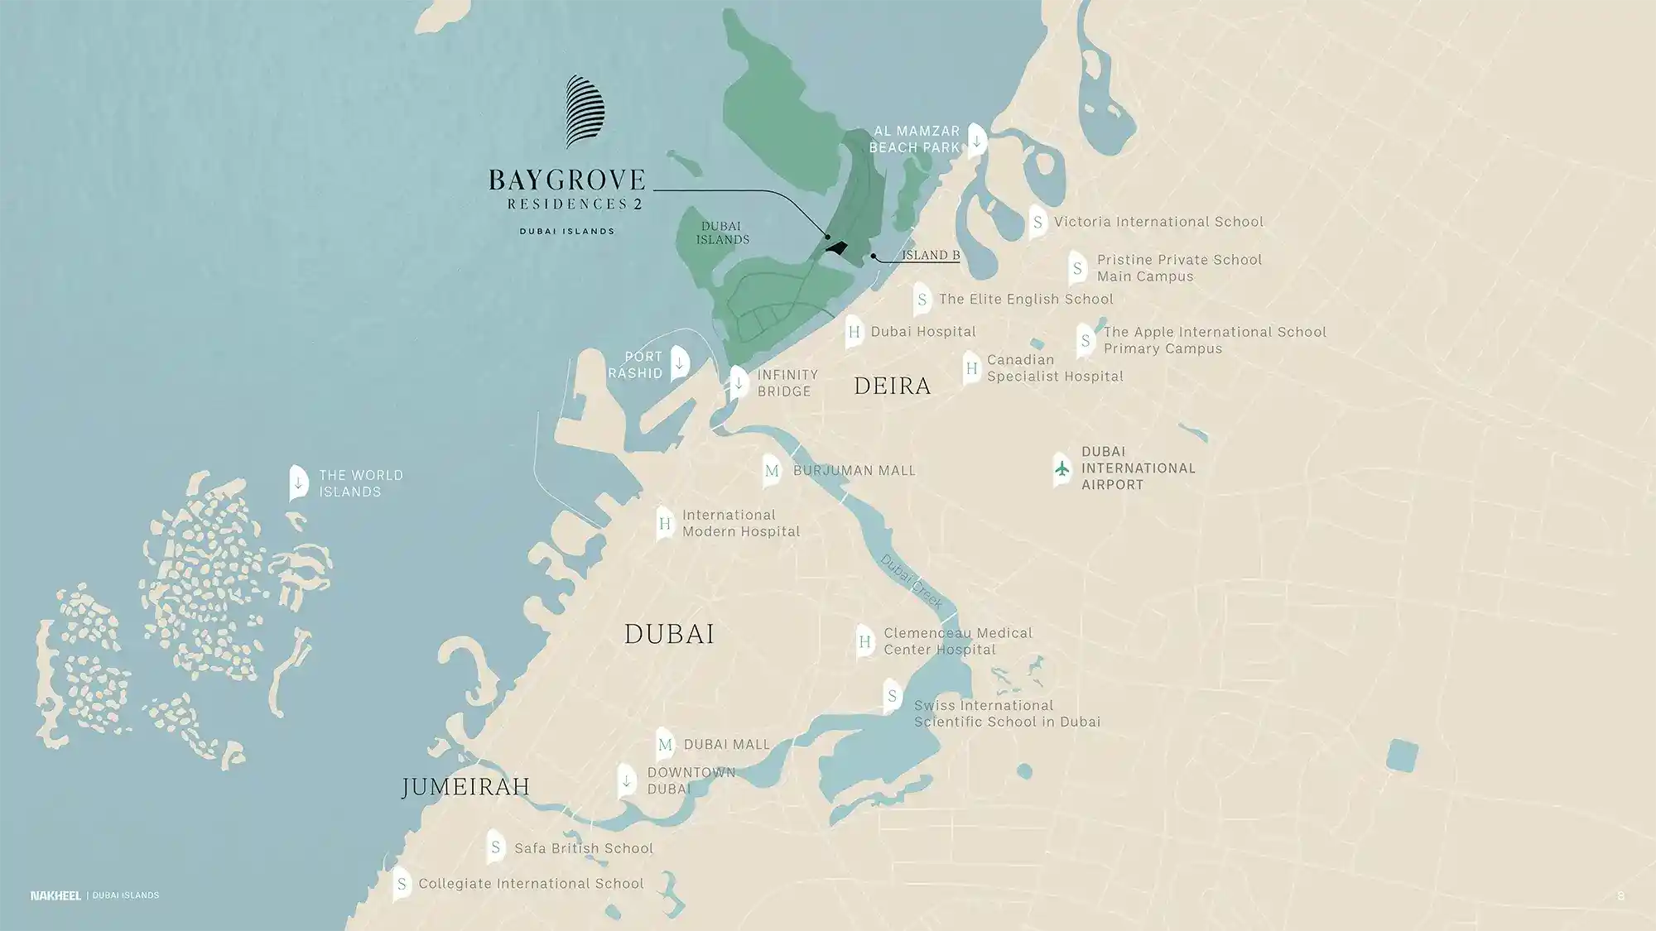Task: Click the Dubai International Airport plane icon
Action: click(1062, 469)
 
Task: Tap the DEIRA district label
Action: click(892, 386)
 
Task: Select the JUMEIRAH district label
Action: click(465, 786)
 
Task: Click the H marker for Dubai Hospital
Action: click(854, 333)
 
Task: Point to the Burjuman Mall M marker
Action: click(772, 471)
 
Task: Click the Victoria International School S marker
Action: click(1037, 223)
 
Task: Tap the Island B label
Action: click(930, 255)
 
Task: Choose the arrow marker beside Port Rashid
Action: click(679, 363)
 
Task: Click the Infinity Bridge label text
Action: click(787, 383)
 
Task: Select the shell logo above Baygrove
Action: click(585, 112)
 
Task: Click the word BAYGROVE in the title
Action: click(566, 180)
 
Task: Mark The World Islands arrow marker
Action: click(298, 482)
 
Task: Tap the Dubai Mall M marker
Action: click(665, 745)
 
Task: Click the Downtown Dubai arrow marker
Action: click(627, 780)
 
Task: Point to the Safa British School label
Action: click(583, 848)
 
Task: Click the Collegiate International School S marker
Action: click(402, 885)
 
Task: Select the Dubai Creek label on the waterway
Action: click(911, 581)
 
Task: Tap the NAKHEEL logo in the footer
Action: click(55, 895)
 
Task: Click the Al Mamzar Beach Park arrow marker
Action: click(976, 141)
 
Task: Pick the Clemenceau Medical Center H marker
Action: click(864, 641)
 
